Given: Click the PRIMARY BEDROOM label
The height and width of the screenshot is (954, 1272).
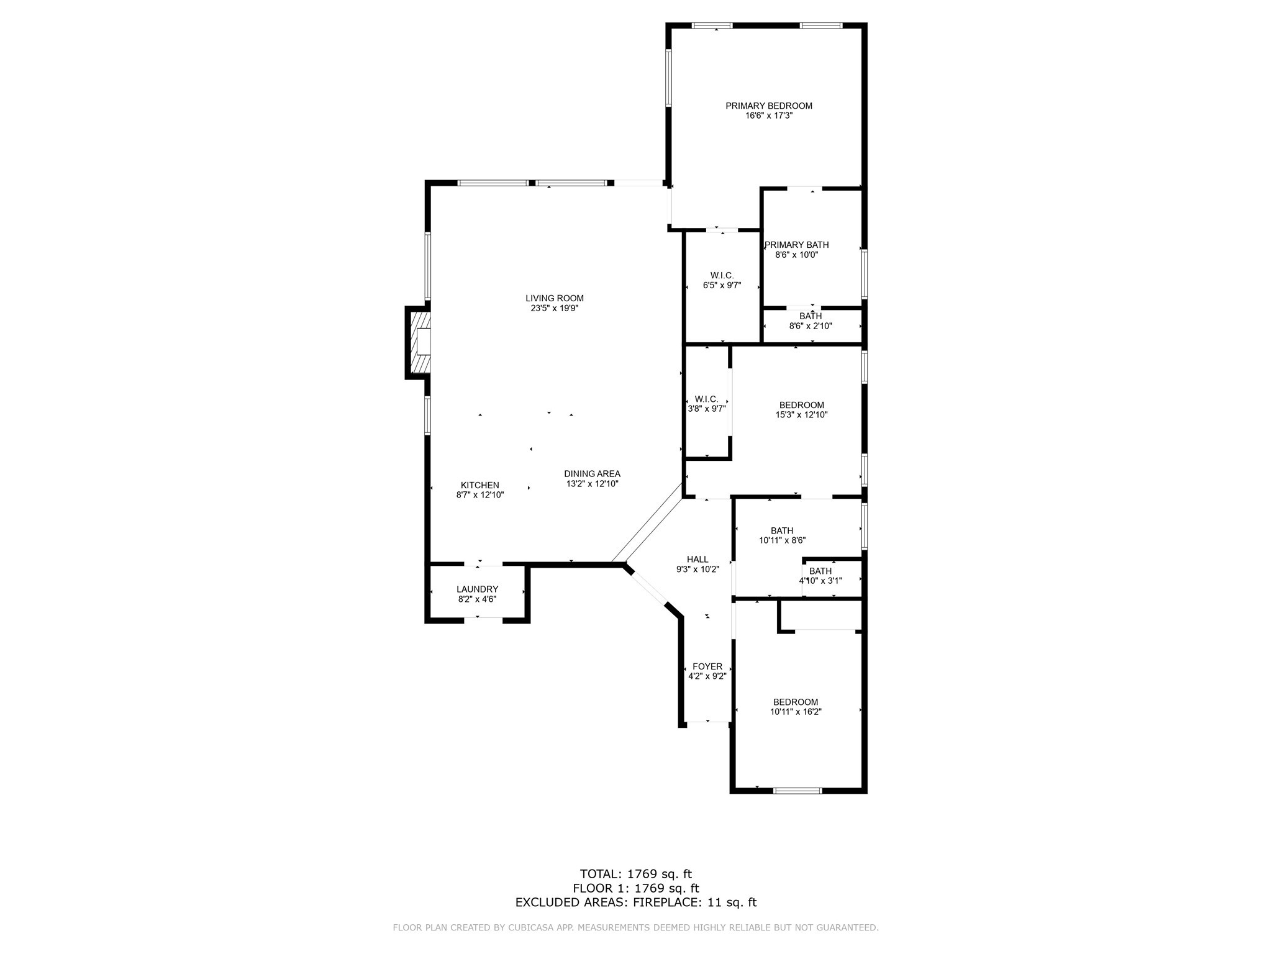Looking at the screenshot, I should [769, 106].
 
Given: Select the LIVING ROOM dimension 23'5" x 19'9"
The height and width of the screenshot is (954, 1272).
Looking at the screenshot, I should [555, 308].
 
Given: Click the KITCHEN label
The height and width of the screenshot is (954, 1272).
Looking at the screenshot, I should [479, 485].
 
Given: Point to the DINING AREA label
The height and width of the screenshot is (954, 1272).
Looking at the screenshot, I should [592, 474].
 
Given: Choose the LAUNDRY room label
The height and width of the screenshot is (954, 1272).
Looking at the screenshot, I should [477, 589].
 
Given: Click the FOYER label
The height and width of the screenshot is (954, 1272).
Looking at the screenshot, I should [707, 666].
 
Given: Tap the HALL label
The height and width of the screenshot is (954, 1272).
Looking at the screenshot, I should [697, 559].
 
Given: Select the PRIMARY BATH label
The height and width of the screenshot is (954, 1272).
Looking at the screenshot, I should [797, 245].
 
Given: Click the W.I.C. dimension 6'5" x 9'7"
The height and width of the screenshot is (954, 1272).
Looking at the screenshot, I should [722, 286].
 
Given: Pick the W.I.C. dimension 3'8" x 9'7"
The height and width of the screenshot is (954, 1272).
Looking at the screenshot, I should [706, 409].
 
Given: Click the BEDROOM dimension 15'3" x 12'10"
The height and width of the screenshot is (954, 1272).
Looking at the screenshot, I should [801, 415].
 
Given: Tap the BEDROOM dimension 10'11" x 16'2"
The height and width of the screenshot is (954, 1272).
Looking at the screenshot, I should [796, 712].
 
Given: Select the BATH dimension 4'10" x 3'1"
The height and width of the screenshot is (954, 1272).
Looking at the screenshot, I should [820, 581].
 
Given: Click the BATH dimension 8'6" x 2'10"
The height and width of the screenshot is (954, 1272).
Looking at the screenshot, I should [811, 326].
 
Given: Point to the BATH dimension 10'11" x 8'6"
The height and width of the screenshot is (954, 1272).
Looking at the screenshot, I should [782, 540].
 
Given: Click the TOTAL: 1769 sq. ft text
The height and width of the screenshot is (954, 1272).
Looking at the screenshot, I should [635, 874].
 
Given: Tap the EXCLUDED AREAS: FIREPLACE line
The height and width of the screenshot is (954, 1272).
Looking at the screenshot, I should [635, 902].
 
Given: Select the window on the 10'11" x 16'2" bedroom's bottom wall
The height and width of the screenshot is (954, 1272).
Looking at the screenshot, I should [797, 791].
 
